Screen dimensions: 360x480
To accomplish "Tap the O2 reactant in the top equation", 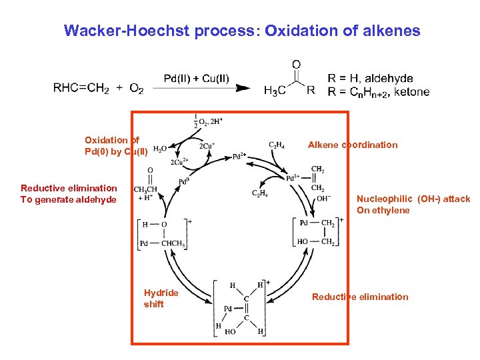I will (136, 89).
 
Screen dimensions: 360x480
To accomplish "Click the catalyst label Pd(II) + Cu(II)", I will (197, 79).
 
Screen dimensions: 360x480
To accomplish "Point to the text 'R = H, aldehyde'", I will (370, 79).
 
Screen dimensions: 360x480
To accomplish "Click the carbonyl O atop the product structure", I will (296, 65).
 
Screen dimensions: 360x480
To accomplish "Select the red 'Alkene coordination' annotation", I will (352, 145).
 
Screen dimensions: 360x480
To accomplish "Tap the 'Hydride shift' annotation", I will (161, 298).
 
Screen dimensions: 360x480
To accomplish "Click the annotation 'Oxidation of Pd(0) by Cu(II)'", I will (115, 145).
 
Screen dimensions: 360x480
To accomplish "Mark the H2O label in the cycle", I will (161, 149).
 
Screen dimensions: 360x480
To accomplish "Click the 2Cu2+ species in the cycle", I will (179, 162).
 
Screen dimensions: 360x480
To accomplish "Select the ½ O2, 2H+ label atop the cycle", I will (206, 121).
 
